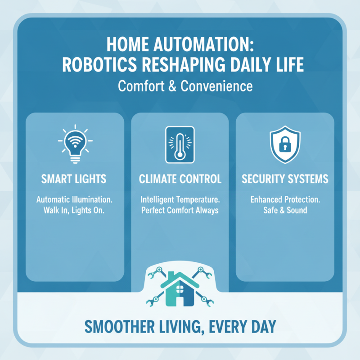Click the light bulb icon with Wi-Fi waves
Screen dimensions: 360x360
(75, 143)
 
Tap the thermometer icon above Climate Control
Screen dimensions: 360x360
(180, 144)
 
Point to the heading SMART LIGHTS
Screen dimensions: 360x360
(75, 179)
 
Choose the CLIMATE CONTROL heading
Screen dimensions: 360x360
(180, 179)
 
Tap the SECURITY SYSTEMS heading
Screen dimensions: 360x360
(285, 179)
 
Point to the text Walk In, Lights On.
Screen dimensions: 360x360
(75, 210)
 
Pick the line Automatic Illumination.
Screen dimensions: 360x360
(75, 199)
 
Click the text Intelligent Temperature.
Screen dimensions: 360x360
(180, 199)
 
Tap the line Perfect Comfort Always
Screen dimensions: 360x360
(180, 210)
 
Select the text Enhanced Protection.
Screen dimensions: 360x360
(285, 199)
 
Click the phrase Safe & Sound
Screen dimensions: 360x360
(285, 210)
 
